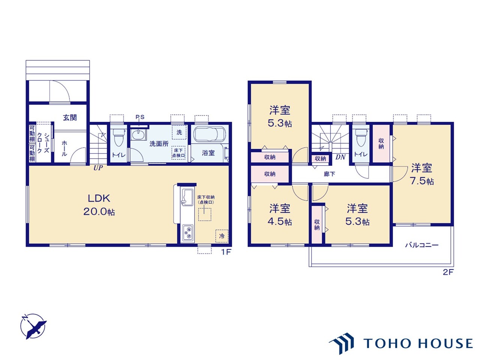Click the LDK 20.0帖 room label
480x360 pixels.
[99, 205]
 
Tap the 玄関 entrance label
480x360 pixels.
[70, 118]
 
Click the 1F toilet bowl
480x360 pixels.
[118, 137]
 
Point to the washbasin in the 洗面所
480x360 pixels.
[139, 135]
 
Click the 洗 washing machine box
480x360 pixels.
[179, 132]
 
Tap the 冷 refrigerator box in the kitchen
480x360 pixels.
[222, 236]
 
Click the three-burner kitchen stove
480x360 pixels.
[188, 233]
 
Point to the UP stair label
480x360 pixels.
[98, 168]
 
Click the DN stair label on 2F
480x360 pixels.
[340, 157]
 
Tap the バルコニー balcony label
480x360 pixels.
[422, 245]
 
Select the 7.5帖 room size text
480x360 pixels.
[422, 181]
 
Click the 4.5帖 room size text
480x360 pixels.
[280, 222]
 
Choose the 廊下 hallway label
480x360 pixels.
[329, 174]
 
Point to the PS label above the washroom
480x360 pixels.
[140, 117]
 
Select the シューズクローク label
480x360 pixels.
[43, 143]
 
